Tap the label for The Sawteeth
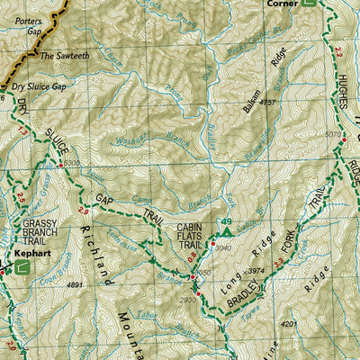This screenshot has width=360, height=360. [x=65, y=56]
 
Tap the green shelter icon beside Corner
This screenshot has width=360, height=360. [x=309, y=4]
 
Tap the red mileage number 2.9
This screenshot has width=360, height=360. [x=83, y=210]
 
